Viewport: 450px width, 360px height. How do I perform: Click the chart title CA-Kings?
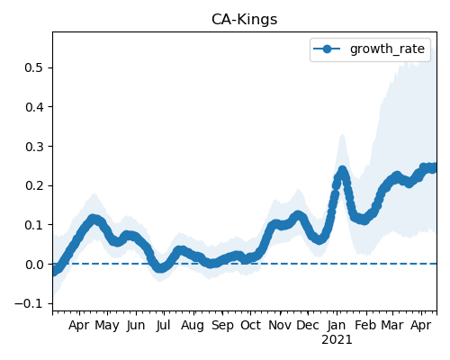point(244,20)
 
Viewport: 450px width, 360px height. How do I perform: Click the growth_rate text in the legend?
point(387,49)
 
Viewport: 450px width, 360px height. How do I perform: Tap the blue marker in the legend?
point(327,49)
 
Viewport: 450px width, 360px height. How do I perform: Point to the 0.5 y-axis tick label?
point(34,67)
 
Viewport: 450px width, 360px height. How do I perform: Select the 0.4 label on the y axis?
point(34,107)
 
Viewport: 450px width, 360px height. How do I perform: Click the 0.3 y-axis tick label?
point(34,147)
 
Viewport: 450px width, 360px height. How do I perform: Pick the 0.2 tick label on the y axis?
point(34,185)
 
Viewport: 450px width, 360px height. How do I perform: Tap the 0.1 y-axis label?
point(34,225)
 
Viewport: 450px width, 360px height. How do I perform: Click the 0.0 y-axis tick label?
point(34,265)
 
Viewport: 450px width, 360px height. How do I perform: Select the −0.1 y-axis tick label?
point(30,304)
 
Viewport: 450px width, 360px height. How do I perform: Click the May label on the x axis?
point(107,326)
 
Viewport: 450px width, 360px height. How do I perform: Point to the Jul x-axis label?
point(163,326)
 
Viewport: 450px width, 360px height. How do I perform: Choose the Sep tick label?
point(222,326)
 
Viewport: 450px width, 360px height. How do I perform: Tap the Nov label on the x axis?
point(280,326)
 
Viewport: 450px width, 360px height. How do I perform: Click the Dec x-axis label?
point(308,326)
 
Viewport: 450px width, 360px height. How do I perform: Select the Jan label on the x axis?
point(337,326)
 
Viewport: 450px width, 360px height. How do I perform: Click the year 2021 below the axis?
point(337,340)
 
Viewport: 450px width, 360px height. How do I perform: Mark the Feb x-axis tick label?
point(365,326)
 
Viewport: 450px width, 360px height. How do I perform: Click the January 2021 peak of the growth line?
point(342,170)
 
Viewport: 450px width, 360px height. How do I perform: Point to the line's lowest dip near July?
point(161,268)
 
